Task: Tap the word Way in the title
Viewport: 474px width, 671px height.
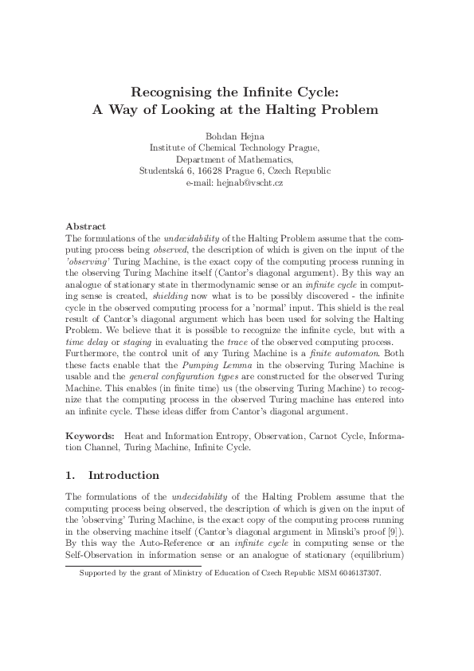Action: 130,108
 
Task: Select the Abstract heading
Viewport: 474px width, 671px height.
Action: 85,226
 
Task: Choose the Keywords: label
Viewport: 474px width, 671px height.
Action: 91,437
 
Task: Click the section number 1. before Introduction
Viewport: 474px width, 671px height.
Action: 70,476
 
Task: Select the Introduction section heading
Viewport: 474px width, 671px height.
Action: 123,476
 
